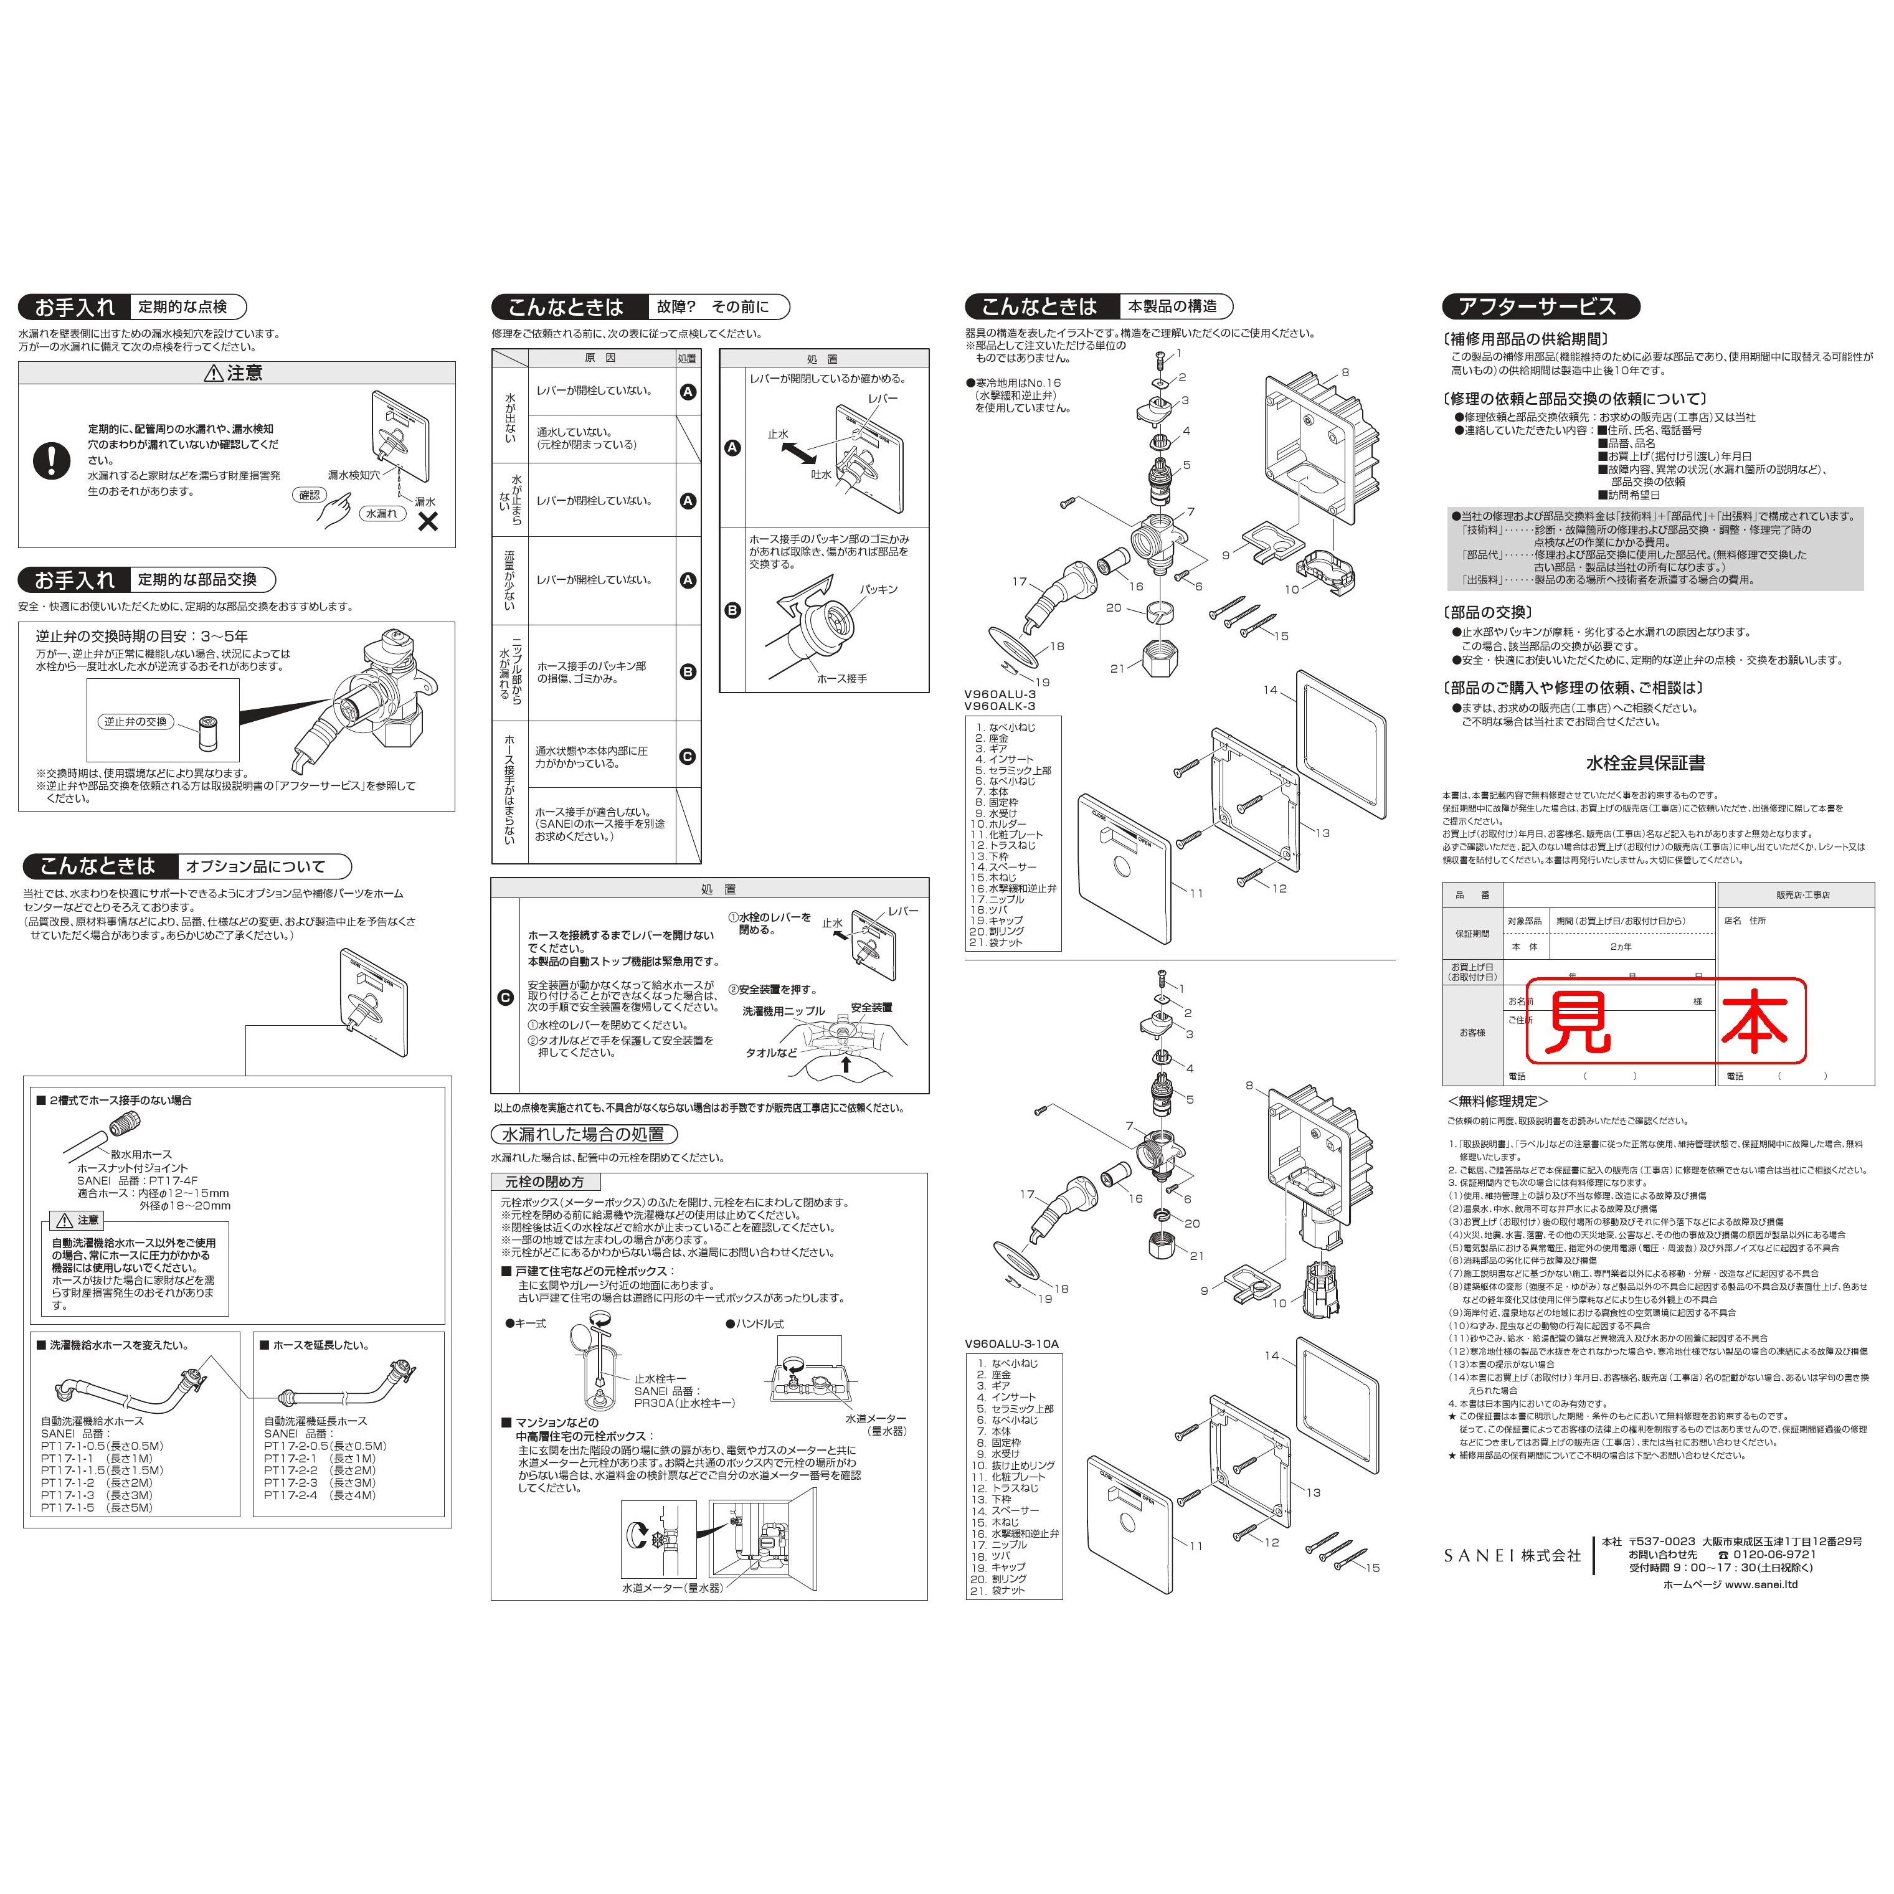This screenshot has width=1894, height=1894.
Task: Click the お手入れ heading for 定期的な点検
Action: pos(75,307)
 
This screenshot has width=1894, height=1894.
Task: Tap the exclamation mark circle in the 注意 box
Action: pos(52,460)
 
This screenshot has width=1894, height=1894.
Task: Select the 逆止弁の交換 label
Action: pos(135,721)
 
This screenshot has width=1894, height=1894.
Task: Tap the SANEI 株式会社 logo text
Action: pos(1512,1555)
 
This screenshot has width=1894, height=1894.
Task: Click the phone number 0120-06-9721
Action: pos(1774,1554)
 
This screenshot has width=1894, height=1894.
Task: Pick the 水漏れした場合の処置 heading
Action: pos(584,1134)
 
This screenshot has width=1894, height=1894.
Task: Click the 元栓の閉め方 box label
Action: pos(544,1182)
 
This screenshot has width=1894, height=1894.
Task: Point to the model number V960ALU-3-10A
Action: pos(1011,1344)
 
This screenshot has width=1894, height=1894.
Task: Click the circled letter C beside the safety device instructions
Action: pos(505,998)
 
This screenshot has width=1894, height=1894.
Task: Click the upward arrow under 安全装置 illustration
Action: pos(846,1064)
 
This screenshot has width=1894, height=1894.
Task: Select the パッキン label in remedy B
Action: pos(878,589)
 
